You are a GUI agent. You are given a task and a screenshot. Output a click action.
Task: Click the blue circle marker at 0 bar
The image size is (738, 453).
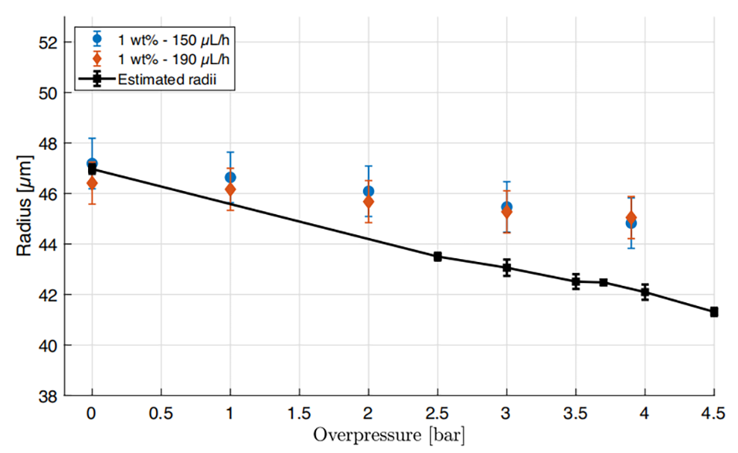(x=92, y=164)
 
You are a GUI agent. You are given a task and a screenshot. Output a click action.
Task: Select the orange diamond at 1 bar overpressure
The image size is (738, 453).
(x=230, y=189)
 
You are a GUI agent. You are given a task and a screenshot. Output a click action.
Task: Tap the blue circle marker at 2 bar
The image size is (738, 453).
(x=369, y=191)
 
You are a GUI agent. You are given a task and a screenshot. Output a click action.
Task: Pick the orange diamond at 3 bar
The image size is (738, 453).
(x=507, y=212)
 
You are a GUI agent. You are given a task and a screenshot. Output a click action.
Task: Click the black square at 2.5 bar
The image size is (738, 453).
(x=437, y=257)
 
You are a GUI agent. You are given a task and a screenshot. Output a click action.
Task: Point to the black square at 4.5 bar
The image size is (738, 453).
(x=714, y=312)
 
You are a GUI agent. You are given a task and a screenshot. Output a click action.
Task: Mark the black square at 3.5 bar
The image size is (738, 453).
(x=576, y=281)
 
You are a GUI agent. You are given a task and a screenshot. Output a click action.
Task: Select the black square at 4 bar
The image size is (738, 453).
(x=644, y=292)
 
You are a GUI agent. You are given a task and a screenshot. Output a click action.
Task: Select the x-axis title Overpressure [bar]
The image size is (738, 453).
(x=389, y=435)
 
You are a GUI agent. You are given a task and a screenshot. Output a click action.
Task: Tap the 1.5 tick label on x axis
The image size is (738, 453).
(x=299, y=413)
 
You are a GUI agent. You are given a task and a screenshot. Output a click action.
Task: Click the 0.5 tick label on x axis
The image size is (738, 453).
(x=161, y=413)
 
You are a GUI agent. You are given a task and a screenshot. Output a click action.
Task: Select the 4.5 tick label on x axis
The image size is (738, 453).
(x=714, y=413)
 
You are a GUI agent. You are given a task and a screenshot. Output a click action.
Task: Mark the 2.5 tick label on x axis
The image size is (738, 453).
(x=437, y=413)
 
